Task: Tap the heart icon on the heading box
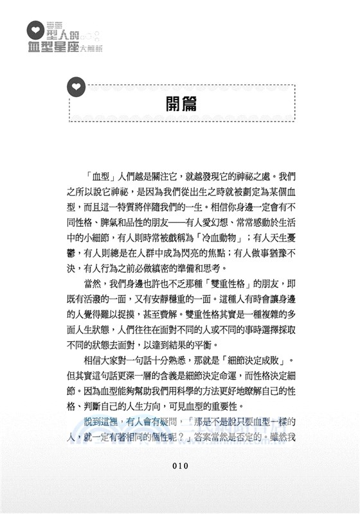(x=76, y=85)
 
